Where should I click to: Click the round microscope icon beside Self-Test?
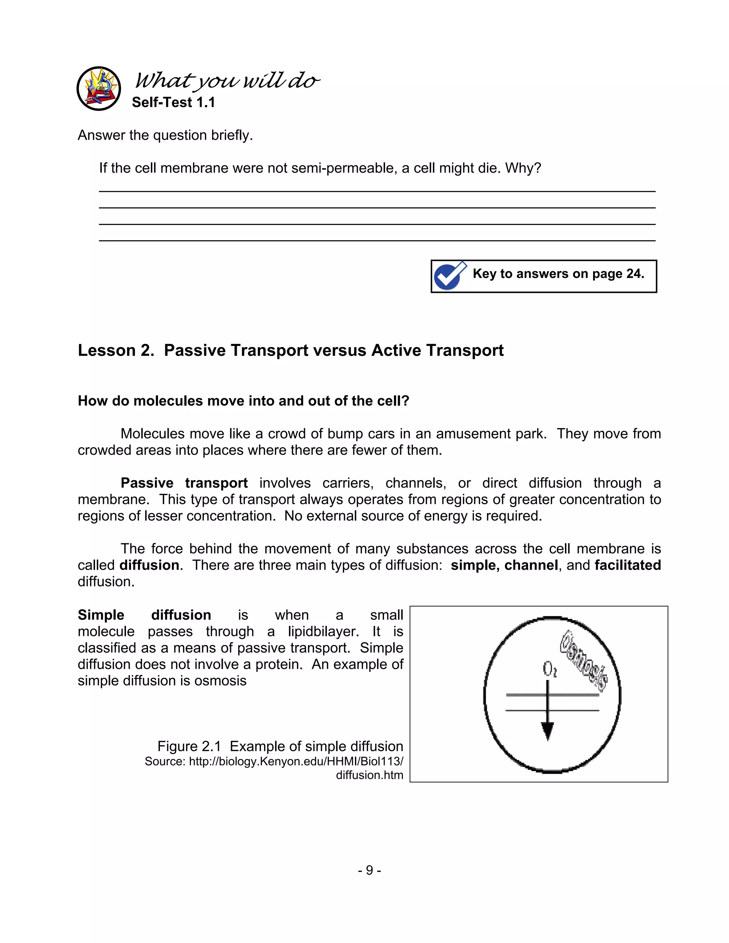click(x=99, y=89)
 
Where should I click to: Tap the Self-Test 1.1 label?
click(x=173, y=102)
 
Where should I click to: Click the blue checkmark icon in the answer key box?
click(x=450, y=275)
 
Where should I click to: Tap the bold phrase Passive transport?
click(x=184, y=483)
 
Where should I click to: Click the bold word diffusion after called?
click(x=150, y=565)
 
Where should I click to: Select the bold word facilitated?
click(x=627, y=565)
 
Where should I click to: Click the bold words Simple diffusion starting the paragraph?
click(x=144, y=615)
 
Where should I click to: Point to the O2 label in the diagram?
click(x=549, y=669)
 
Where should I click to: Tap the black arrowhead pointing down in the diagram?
click(x=547, y=731)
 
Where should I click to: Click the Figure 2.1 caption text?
click(x=280, y=747)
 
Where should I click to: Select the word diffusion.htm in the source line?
click(x=369, y=775)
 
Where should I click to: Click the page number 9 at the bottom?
click(x=369, y=870)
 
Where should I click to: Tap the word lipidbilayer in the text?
click(x=323, y=631)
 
